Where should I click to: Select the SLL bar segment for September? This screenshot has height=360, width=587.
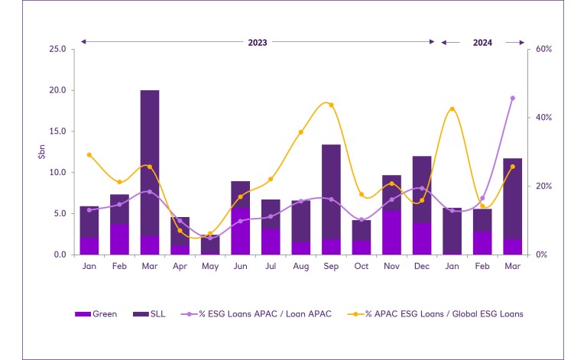click(331, 191)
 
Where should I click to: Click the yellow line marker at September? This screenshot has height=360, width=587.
click(331, 105)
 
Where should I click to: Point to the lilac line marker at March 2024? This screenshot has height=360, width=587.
click(512, 98)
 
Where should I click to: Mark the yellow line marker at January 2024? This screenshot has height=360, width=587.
click(452, 109)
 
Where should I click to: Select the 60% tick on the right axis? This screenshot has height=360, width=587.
click(543, 49)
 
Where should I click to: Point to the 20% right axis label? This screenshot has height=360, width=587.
click(543, 186)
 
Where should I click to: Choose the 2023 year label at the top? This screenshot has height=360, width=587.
click(258, 43)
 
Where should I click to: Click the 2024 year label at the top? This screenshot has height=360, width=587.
click(482, 43)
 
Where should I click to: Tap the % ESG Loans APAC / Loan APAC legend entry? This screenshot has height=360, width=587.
click(255, 313)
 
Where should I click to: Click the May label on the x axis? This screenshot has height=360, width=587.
click(210, 265)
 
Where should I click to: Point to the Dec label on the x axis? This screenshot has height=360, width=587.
click(422, 265)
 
